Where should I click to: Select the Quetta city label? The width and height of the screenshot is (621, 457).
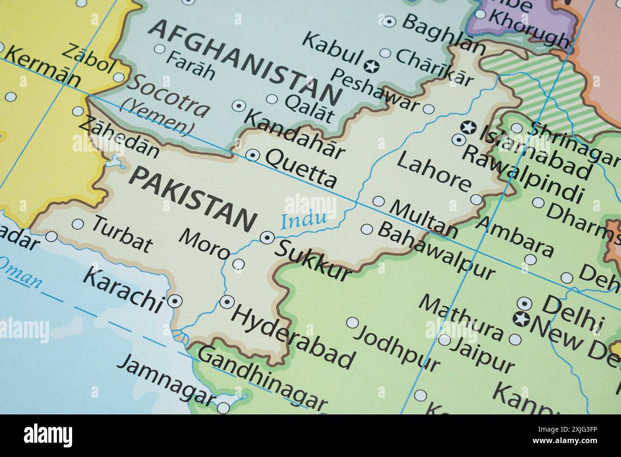click(301, 167)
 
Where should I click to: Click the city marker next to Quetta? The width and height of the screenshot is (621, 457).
click(252, 155)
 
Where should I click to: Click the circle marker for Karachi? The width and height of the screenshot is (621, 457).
click(175, 301)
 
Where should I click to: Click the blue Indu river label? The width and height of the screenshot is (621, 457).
click(304, 220)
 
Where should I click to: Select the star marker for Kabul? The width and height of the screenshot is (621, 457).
click(372, 66)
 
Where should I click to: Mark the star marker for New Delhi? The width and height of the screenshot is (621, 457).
click(521, 319)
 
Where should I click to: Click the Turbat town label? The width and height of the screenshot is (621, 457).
click(122, 234)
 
